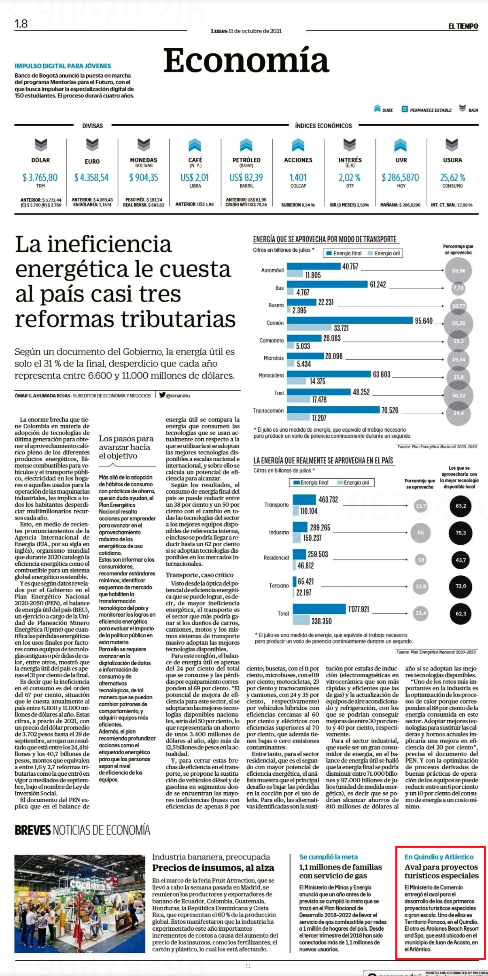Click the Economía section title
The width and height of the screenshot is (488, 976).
246,61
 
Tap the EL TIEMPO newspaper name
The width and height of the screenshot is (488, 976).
463,26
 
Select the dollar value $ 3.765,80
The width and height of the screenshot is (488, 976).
40,178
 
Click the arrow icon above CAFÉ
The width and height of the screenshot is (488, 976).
195,145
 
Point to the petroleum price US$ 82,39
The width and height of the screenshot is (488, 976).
246,178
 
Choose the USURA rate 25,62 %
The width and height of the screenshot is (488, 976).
452,178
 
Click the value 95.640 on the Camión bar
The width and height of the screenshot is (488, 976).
424,321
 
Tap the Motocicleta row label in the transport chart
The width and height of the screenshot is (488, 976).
271,376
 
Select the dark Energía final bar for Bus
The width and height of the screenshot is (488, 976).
327,284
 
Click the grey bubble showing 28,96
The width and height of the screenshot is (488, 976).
458,271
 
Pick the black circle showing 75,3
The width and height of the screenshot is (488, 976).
461,533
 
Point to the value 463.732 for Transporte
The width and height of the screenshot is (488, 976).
328,500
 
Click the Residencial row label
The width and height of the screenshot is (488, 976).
276,558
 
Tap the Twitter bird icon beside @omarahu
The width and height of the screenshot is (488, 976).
162,395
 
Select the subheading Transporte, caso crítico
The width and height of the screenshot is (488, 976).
199,575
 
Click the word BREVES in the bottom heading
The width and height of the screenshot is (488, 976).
33,830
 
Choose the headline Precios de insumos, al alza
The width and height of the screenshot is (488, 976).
213,868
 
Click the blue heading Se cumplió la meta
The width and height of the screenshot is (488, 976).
329,857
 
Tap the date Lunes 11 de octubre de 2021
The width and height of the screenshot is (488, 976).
246,31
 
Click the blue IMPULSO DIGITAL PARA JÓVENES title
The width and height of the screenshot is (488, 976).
63,66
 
